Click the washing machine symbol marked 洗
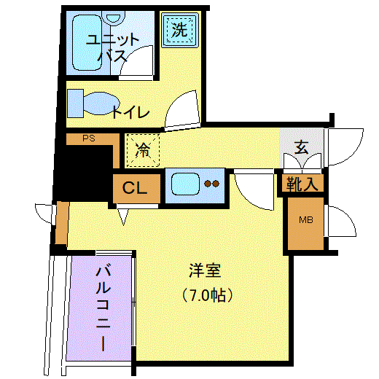coord(180,30)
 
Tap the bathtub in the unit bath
coord(87,43)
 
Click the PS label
coord(89,138)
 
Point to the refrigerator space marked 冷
coord(143,150)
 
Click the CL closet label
coord(135,187)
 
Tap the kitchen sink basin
coord(185,184)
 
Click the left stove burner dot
coord(208,184)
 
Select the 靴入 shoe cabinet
coord(302,184)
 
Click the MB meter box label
coord(306,220)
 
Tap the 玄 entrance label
coord(302,147)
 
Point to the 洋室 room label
coord(205,270)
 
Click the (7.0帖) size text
coord(207,295)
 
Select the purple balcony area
coord(99,308)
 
